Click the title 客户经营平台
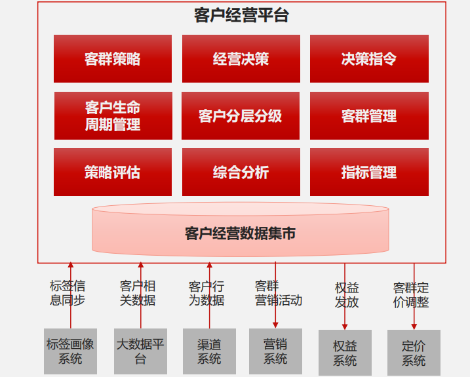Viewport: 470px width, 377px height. pos(241,15)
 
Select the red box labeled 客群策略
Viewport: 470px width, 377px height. pos(113,58)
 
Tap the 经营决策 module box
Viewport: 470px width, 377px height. pos(241,58)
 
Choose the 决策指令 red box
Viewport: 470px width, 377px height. pos(369,58)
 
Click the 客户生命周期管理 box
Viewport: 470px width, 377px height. pos(113,116)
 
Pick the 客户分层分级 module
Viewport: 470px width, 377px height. pos(241,116)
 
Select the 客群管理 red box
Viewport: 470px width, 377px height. pos(369,116)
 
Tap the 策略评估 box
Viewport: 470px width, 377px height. pos(113,172)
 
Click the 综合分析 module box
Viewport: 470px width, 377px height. pos(241,172)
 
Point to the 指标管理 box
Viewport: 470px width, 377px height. pos(369,172)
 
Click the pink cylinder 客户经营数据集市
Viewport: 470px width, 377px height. pos(241,229)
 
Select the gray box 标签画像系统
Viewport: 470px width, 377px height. pos(70,351)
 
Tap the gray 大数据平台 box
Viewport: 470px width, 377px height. pos(140,351)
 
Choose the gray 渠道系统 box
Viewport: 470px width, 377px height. pos(209,351)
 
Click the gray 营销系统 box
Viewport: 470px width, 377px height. pos(275,351)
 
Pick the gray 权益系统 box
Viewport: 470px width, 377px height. pos(345,353)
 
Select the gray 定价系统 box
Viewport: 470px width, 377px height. pos(414,353)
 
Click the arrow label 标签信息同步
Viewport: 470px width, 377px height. pos(68,293)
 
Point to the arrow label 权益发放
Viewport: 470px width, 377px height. pos(347,295)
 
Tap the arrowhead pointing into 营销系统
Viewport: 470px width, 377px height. pos(275,325)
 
